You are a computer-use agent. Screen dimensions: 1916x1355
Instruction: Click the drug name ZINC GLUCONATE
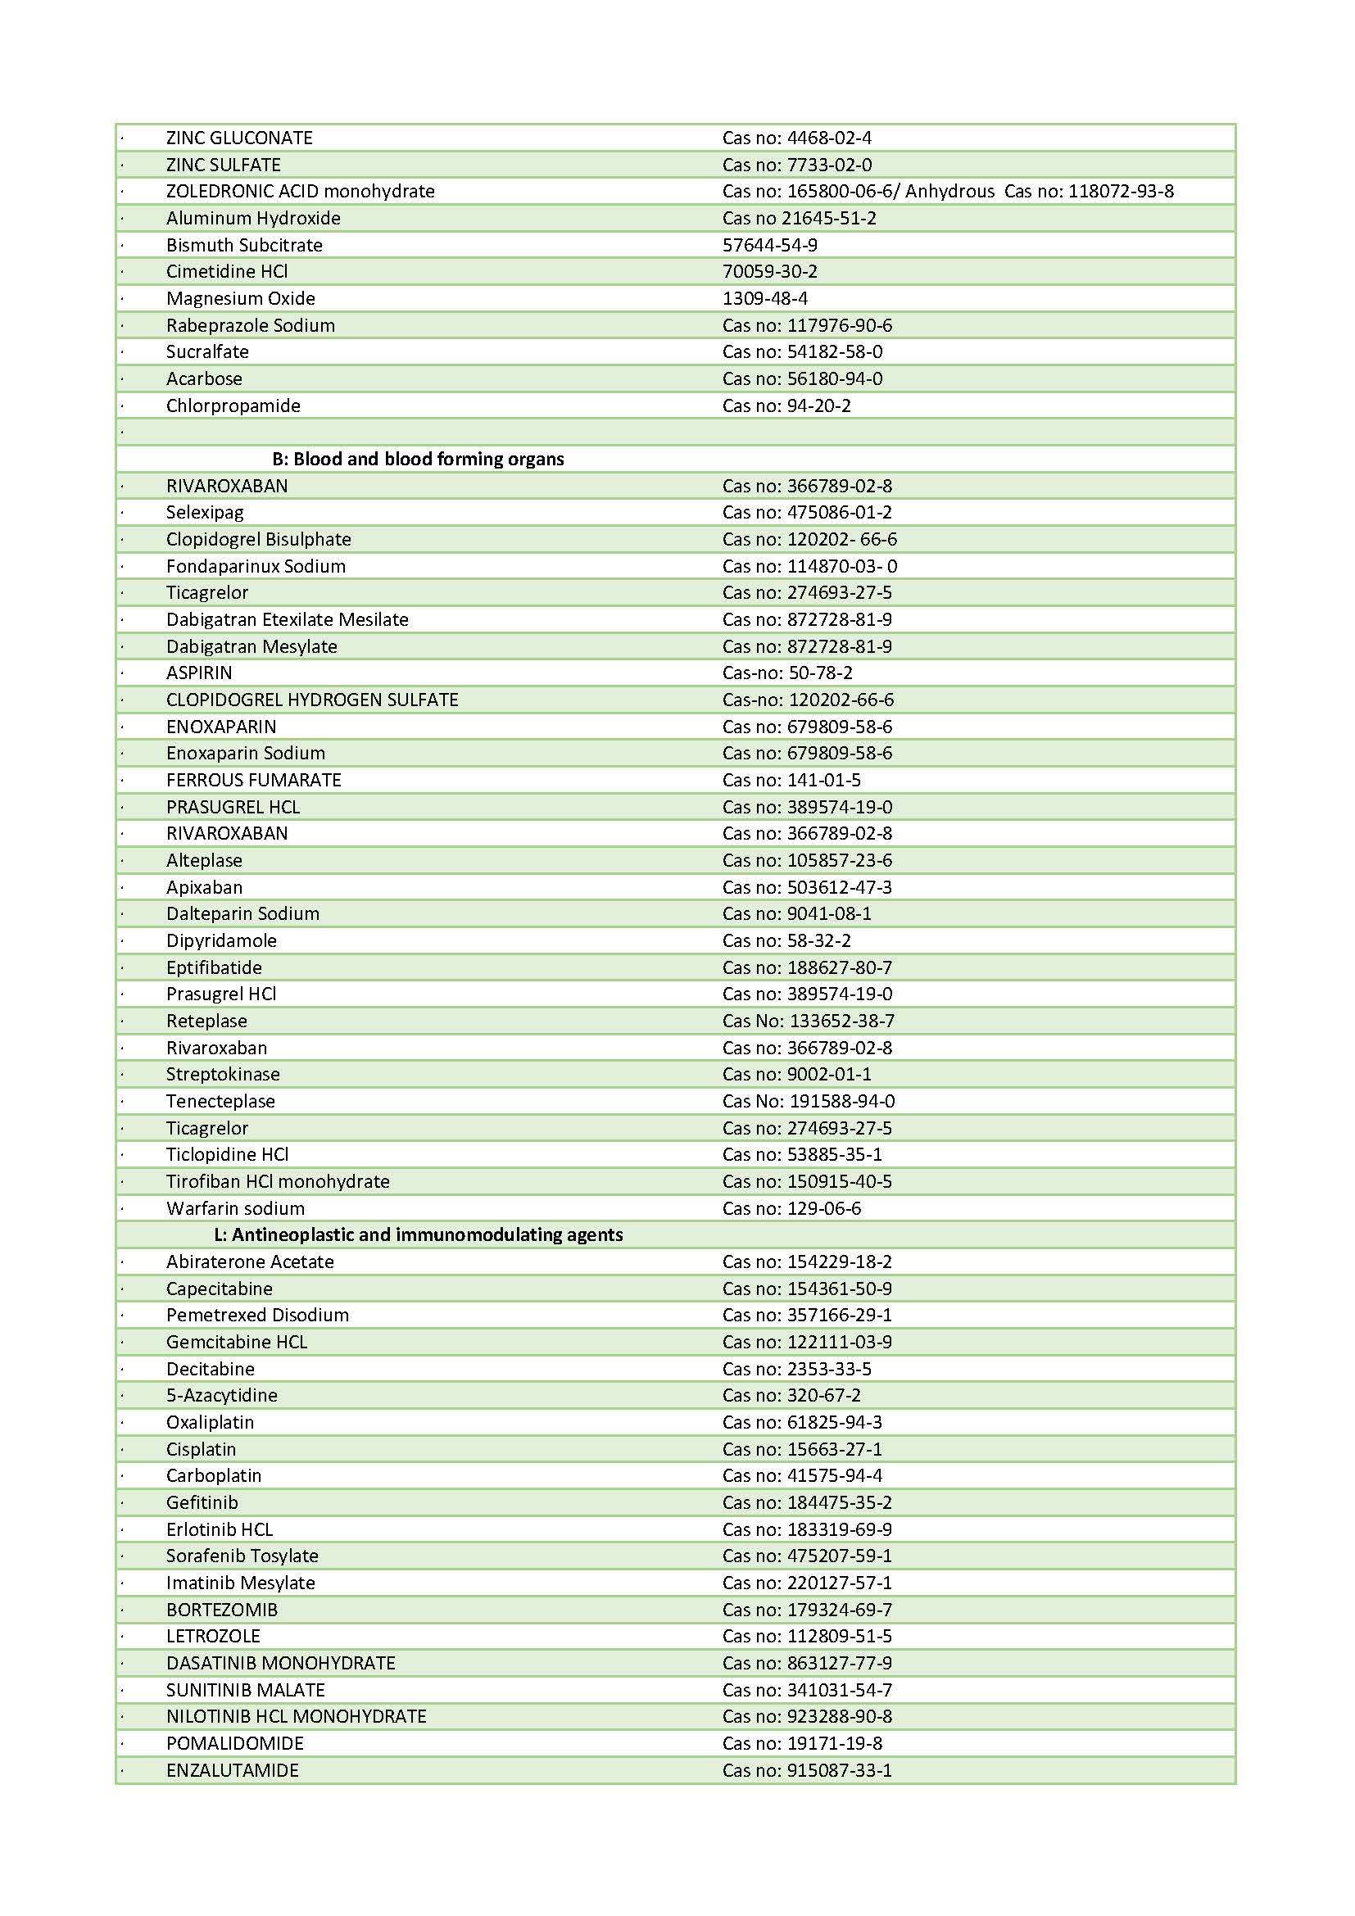[238, 138]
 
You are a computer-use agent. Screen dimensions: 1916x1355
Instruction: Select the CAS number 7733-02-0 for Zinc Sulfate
[829, 165]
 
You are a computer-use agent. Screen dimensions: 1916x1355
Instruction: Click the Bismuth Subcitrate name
[243, 244]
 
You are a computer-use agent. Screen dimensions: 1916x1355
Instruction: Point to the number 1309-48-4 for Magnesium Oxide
[764, 298]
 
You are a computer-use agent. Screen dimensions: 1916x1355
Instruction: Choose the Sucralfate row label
[207, 351]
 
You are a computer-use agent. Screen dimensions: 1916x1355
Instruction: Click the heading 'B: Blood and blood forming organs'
[417, 459]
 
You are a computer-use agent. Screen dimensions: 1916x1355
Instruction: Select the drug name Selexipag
[205, 512]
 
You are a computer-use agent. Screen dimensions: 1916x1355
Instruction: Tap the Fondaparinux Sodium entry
[256, 566]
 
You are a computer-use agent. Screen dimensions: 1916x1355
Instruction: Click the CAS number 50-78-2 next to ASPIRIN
[820, 673]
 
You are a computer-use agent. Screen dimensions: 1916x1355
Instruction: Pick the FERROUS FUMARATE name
[254, 779]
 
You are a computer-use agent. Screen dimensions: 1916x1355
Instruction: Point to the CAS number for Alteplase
[840, 859]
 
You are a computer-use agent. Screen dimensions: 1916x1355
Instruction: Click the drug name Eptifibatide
[214, 967]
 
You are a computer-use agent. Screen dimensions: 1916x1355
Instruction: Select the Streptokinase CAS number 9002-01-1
[829, 1074]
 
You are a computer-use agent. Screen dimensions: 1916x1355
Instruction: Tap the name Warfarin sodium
[235, 1207]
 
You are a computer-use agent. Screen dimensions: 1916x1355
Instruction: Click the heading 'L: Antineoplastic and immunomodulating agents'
[418, 1234]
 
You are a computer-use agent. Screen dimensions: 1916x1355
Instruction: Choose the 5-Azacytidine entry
[221, 1394]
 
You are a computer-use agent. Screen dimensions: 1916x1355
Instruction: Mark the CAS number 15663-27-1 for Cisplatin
[834, 1449]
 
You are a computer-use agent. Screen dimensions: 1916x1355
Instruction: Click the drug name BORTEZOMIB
[221, 1609]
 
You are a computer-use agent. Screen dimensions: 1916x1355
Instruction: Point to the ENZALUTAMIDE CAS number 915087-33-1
[840, 1770]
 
